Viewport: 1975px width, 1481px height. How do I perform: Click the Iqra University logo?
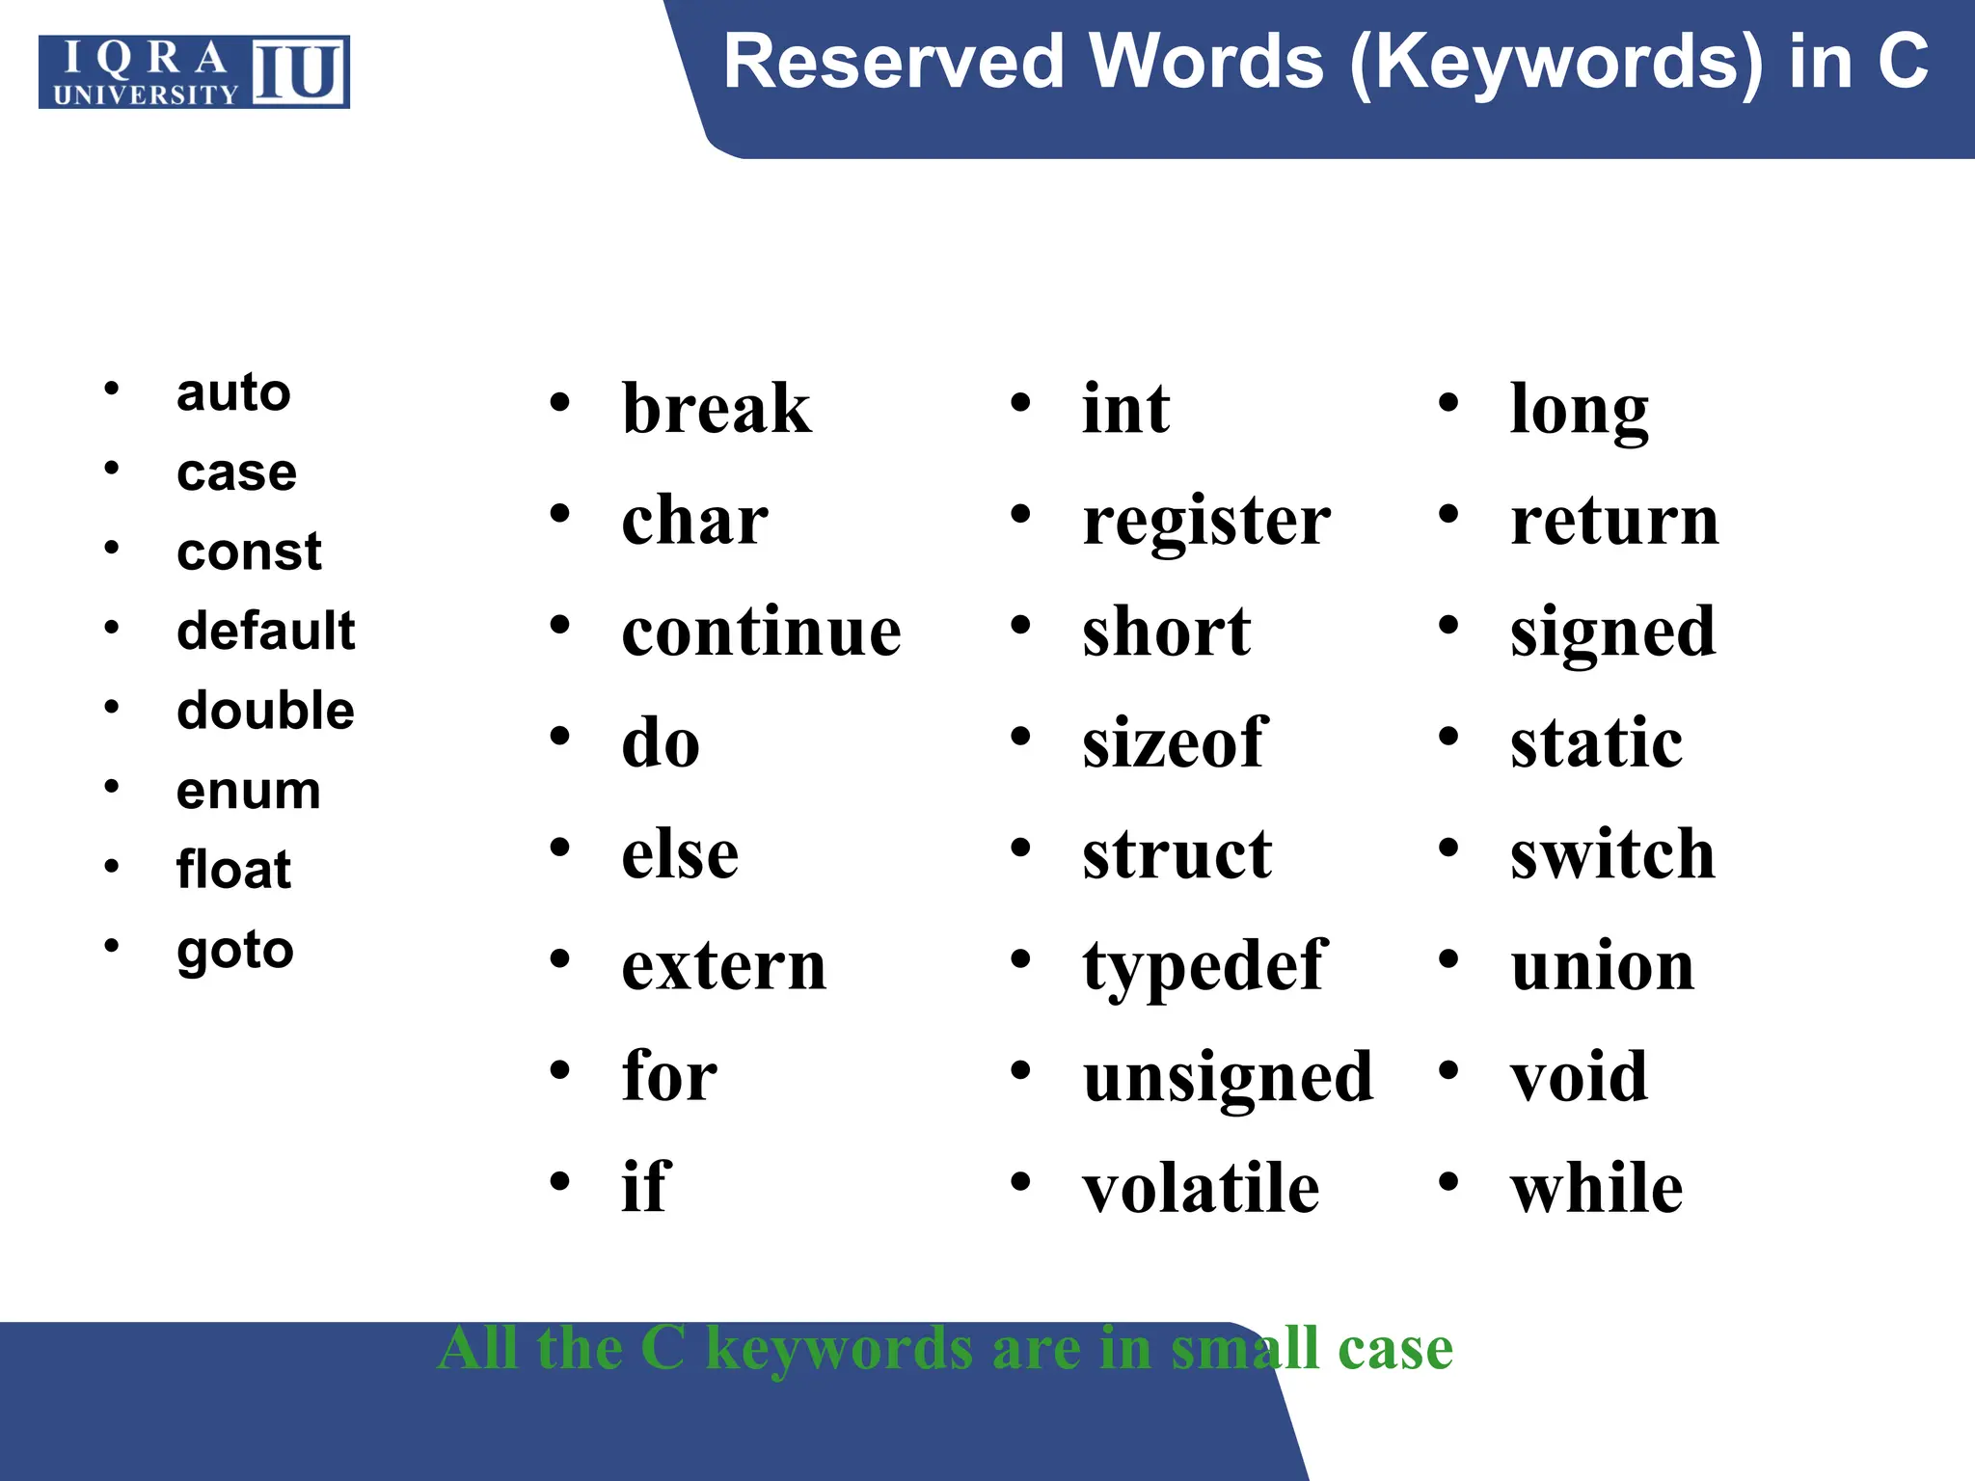click(x=194, y=72)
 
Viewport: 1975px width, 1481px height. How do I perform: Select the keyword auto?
click(x=233, y=392)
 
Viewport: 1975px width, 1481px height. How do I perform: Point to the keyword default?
click(x=265, y=632)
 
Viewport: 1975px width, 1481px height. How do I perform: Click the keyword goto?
click(x=234, y=951)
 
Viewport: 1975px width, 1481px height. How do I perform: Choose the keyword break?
click(x=717, y=409)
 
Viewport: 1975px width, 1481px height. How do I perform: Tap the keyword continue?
click(x=762, y=633)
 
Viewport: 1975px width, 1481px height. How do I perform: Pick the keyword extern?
click(x=724, y=966)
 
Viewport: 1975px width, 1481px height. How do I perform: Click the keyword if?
click(x=645, y=1187)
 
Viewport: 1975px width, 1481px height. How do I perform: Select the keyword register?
click(x=1205, y=523)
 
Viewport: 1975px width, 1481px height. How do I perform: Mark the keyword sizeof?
click(x=1174, y=743)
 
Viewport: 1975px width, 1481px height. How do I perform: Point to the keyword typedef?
click(x=1204, y=967)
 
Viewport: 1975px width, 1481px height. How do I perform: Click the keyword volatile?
click(x=1201, y=1188)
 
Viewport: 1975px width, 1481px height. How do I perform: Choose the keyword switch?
click(x=1612, y=854)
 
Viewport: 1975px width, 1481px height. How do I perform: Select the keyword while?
click(x=1596, y=1188)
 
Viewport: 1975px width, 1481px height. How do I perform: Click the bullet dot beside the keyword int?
click(x=1020, y=403)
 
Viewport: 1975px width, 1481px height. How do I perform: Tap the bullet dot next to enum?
click(x=112, y=787)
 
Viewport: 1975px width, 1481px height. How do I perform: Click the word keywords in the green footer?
click(x=839, y=1348)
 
